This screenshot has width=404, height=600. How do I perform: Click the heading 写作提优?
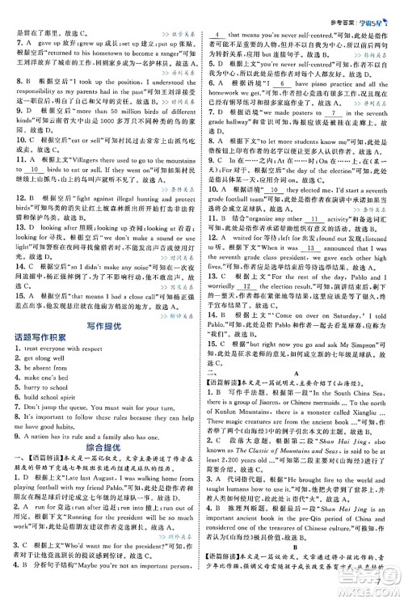(x=102, y=324)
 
